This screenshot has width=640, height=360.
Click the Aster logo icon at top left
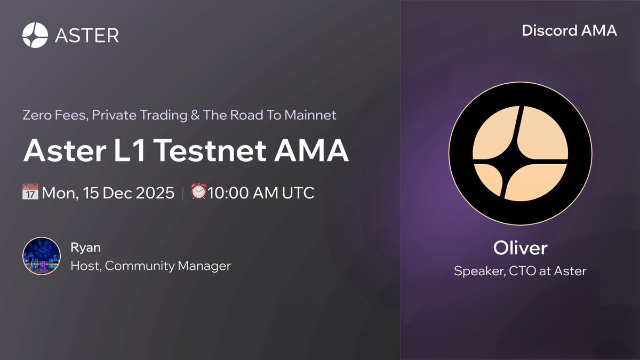point(35,35)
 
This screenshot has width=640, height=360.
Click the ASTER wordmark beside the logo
point(87,35)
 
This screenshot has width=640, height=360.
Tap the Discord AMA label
point(569,30)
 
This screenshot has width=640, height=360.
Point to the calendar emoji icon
point(31,192)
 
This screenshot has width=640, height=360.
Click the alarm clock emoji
point(198,192)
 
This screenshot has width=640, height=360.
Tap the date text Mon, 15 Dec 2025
point(109,192)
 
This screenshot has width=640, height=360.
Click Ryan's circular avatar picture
point(41,256)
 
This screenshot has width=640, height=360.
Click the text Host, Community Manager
point(150,265)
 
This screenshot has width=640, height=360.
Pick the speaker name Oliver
point(520,249)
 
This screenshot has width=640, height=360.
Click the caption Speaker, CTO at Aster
point(520,271)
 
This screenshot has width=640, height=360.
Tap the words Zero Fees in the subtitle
point(54,115)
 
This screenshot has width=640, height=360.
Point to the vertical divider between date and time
point(182,192)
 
